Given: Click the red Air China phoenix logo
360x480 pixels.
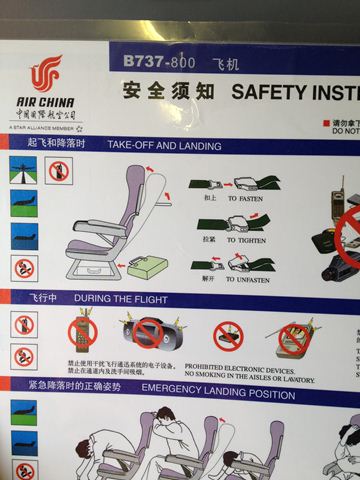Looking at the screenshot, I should (44, 75).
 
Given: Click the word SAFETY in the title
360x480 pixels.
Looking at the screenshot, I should (264, 91).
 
